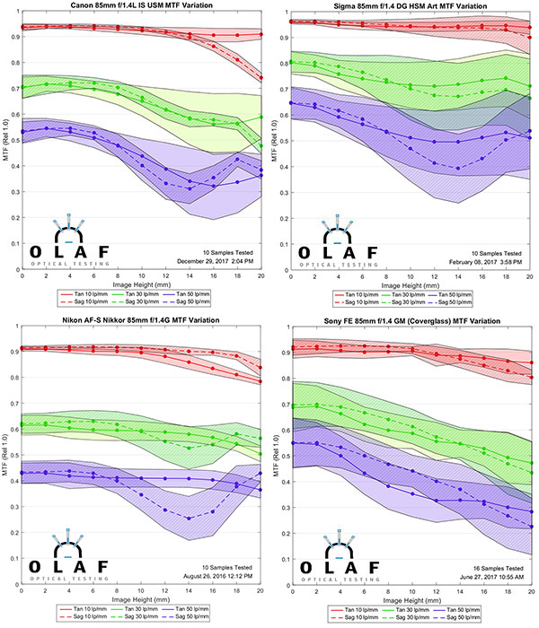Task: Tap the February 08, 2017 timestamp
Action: click(x=485, y=263)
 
